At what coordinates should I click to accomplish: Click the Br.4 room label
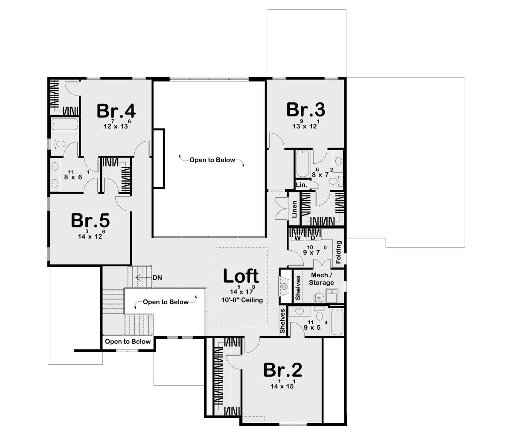116,111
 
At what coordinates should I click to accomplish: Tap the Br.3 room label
305,110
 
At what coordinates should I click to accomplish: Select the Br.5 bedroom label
90,221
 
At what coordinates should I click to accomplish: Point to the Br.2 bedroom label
282,370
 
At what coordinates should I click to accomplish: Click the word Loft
241,276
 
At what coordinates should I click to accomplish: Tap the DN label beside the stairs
157,277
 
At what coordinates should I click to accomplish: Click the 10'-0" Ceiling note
242,300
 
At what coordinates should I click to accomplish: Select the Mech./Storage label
321,279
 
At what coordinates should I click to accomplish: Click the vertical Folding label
338,252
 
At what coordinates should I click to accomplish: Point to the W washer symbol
298,238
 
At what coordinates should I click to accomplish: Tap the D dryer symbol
313,238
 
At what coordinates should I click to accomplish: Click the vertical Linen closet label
294,209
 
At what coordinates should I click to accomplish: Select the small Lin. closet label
301,185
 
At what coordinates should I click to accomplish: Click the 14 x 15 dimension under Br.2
282,386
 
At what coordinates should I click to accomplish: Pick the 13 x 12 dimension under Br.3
305,125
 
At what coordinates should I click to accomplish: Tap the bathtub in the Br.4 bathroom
65,124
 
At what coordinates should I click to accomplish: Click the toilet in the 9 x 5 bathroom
320,314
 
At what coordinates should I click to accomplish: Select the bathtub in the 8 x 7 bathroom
303,163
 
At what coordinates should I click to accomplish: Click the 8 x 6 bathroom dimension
73,176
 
